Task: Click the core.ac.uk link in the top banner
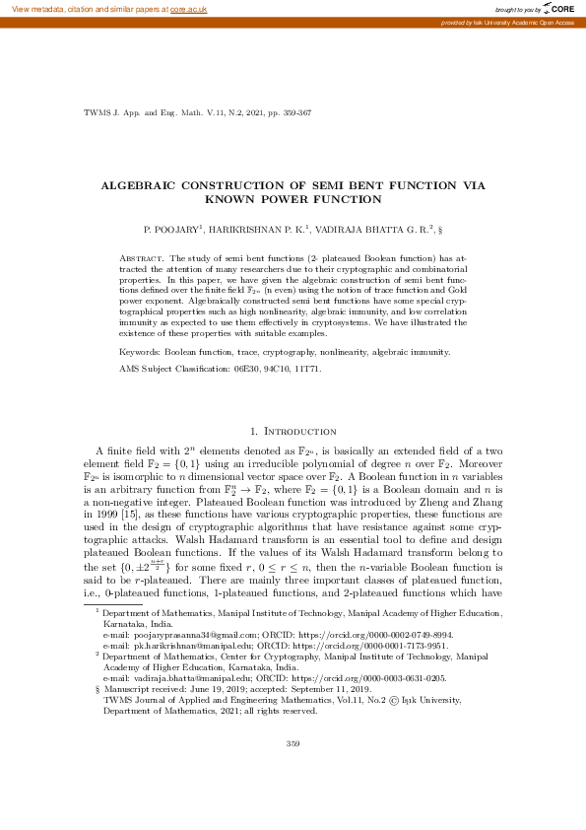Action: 188,9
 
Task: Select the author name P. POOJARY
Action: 170,229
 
